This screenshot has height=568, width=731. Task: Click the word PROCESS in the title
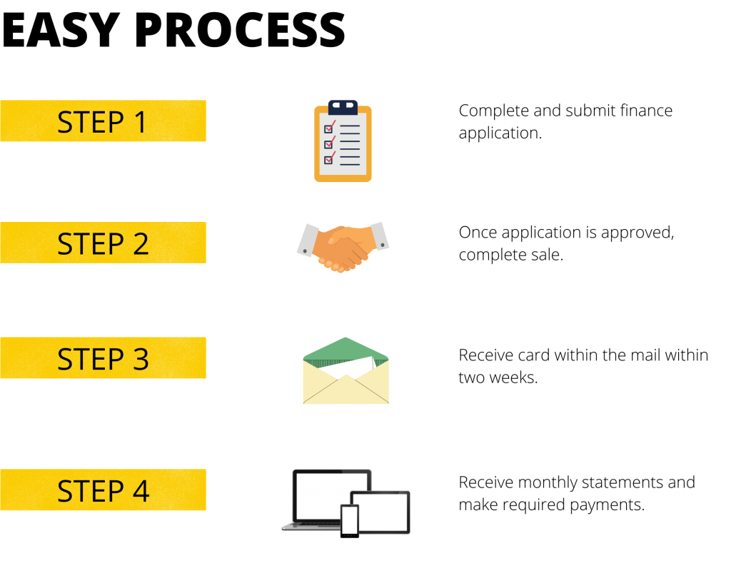tap(240, 30)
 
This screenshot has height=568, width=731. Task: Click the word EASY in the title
tap(61, 30)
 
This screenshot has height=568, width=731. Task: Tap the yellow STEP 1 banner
tap(103, 121)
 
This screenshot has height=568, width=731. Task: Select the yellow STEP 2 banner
tap(103, 243)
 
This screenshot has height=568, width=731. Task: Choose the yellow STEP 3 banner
tap(103, 357)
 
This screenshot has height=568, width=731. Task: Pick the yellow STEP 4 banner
tap(103, 490)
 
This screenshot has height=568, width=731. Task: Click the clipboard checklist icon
tap(343, 141)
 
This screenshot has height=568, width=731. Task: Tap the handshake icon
tap(343, 247)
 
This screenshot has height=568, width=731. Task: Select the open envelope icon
tap(346, 370)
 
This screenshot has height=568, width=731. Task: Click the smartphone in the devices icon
tap(350, 521)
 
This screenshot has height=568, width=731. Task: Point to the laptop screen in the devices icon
tap(332, 496)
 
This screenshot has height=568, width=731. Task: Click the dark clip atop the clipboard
tap(343, 107)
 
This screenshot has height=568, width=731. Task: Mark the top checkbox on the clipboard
tap(328, 128)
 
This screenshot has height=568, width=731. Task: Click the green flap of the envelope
tap(346, 350)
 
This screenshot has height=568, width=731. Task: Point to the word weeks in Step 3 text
tap(511, 377)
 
